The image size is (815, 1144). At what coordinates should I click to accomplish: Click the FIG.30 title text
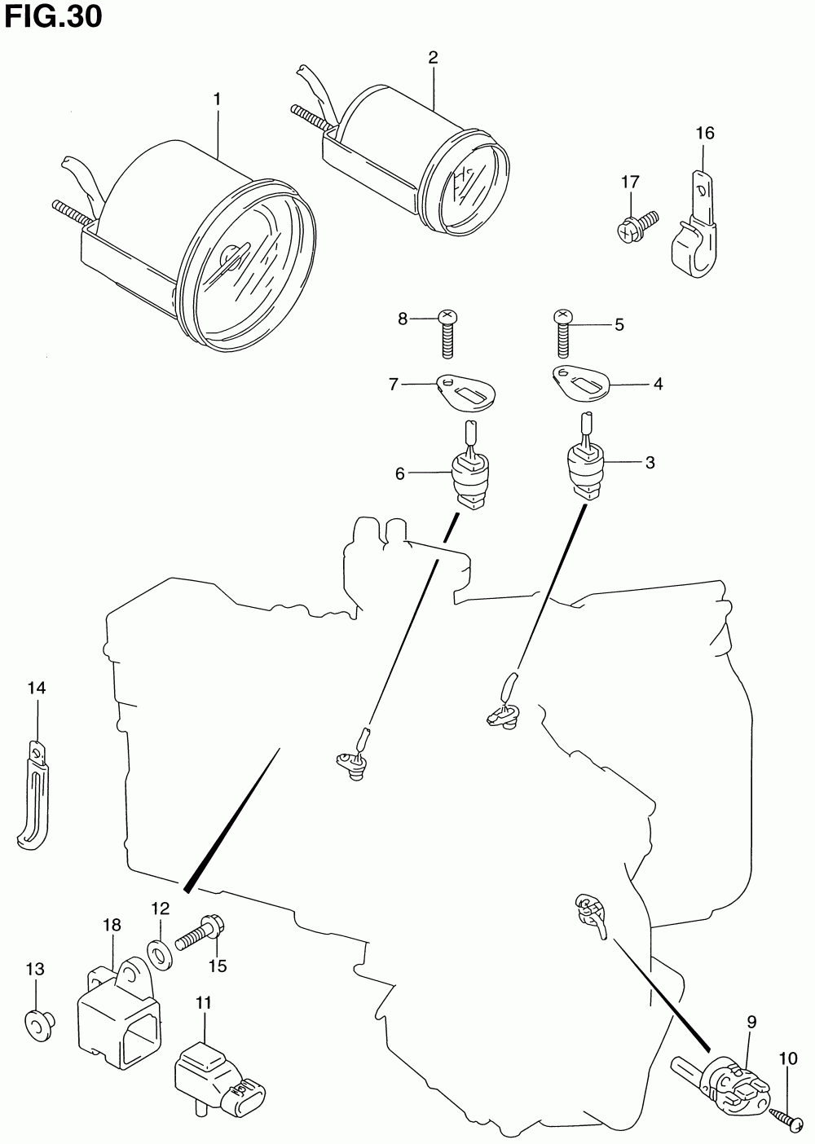click(x=53, y=17)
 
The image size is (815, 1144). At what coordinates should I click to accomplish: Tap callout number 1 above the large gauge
click(x=217, y=99)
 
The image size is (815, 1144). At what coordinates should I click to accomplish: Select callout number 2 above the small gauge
click(x=433, y=58)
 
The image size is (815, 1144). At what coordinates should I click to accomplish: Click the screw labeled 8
click(x=447, y=335)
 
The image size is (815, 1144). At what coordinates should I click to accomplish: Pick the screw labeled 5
click(x=562, y=334)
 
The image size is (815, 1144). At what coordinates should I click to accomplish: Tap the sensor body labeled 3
click(x=586, y=456)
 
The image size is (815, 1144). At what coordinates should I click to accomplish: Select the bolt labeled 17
click(x=637, y=226)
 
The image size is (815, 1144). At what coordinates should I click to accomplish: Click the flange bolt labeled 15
click(x=200, y=935)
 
